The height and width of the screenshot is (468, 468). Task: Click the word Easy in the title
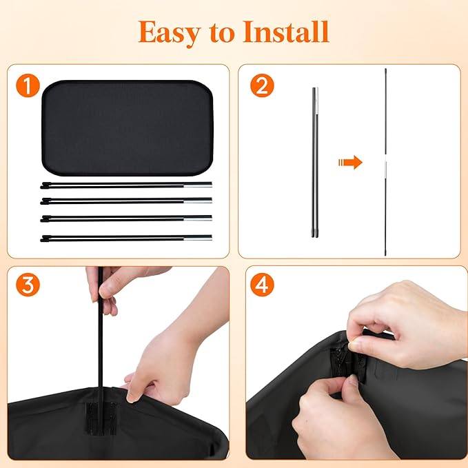tap(169, 33)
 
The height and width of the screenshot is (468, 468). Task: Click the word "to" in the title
tap(222, 33)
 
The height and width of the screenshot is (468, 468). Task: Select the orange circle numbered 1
tap(28, 85)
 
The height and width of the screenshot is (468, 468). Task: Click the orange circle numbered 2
tap(262, 85)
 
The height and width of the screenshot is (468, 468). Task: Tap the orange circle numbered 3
tap(28, 285)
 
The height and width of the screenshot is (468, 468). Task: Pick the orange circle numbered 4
tap(262, 285)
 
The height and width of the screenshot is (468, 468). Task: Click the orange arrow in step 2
tap(350, 163)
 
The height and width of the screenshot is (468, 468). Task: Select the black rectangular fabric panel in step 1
tap(128, 128)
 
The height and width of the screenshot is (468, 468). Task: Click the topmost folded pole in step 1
tap(126, 185)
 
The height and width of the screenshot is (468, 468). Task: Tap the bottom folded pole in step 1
tap(126, 238)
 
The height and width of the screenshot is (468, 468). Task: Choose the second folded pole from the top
tap(126, 201)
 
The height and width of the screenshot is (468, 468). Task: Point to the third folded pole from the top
tap(126, 218)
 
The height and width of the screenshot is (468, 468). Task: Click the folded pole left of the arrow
tap(315, 163)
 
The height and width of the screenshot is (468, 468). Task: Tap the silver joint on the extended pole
tap(385, 163)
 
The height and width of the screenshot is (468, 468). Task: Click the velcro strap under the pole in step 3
tap(101, 417)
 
